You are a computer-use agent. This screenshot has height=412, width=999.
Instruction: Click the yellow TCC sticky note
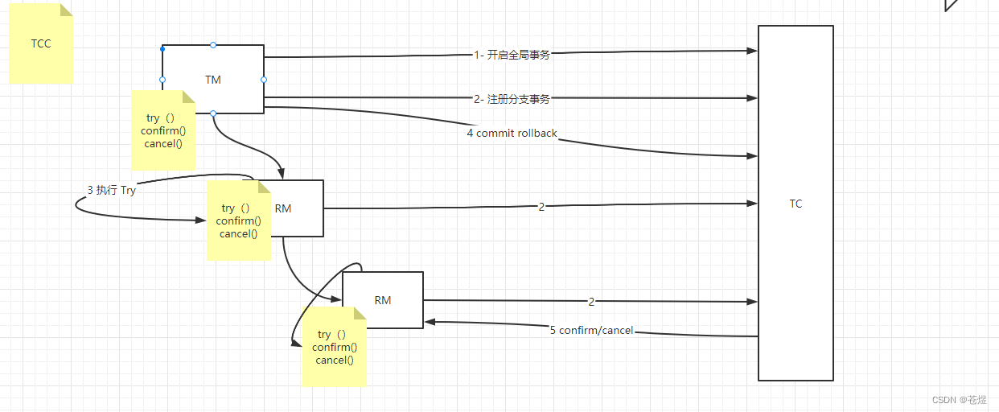[x=41, y=43]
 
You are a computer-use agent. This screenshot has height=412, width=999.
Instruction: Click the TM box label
[x=213, y=80]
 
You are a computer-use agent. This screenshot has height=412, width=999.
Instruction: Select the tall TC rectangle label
[x=795, y=204]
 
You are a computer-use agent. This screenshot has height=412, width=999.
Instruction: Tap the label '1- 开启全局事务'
[x=512, y=55]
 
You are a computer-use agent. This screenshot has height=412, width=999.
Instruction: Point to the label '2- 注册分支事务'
[x=512, y=99]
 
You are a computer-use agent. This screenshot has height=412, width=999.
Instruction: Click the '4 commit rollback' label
[x=512, y=133]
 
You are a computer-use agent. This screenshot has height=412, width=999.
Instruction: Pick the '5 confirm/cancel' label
[x=591, y=330]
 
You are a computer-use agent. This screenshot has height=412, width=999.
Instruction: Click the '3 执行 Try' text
[x=111, y=191]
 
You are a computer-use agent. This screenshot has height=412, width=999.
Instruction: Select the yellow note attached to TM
[x=163, y=130]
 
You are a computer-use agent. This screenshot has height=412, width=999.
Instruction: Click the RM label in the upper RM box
[x=283, y=208]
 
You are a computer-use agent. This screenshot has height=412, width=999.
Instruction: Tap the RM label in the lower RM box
[x=383, y=300]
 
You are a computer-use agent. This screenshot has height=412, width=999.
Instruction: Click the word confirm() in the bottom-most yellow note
[x=334, y=347]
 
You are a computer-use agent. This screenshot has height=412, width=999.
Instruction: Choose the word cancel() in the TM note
[x=163, y=144]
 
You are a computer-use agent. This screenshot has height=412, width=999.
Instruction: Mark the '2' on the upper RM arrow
[x=541, y=207]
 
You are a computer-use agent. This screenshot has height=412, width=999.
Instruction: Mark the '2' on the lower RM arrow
[x=591, y=302]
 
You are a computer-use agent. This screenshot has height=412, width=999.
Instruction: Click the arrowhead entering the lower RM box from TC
[x=430, y=322]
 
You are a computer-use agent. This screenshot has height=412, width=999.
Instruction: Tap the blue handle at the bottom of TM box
[x=213, y=113]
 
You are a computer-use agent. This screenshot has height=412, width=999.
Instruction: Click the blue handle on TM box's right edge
[x=264, y=80]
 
